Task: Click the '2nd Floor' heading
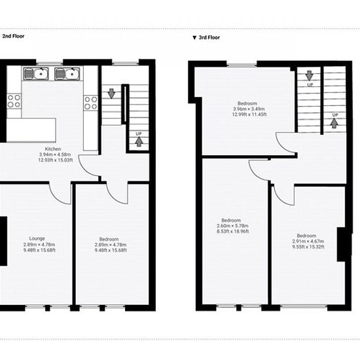(x=13, y=36)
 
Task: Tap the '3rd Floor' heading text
(x=209, y=37)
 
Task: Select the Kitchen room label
(x=53, y=149)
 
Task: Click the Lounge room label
(x=37, y=238)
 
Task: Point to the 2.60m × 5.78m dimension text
(x=232, y=226)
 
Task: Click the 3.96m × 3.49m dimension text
(x=249, y=109)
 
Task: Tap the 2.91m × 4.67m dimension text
(x=308, y=241)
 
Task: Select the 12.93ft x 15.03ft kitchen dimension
(x=56, y=160)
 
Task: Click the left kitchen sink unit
(x=36, y=74)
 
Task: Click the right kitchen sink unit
(x=67, y=74)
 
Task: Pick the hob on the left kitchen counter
(x=14, y=101)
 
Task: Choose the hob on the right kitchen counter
(x=91, y=103)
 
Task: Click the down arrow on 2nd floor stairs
(x=111, y=94)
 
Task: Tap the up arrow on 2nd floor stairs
(x=139, y=141)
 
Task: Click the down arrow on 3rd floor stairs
(x=309, y=76)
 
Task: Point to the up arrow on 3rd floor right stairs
(x=334, y=123)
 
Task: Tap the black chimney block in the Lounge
(x=3, y=241)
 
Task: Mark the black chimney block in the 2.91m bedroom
(x=342, y=244)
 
